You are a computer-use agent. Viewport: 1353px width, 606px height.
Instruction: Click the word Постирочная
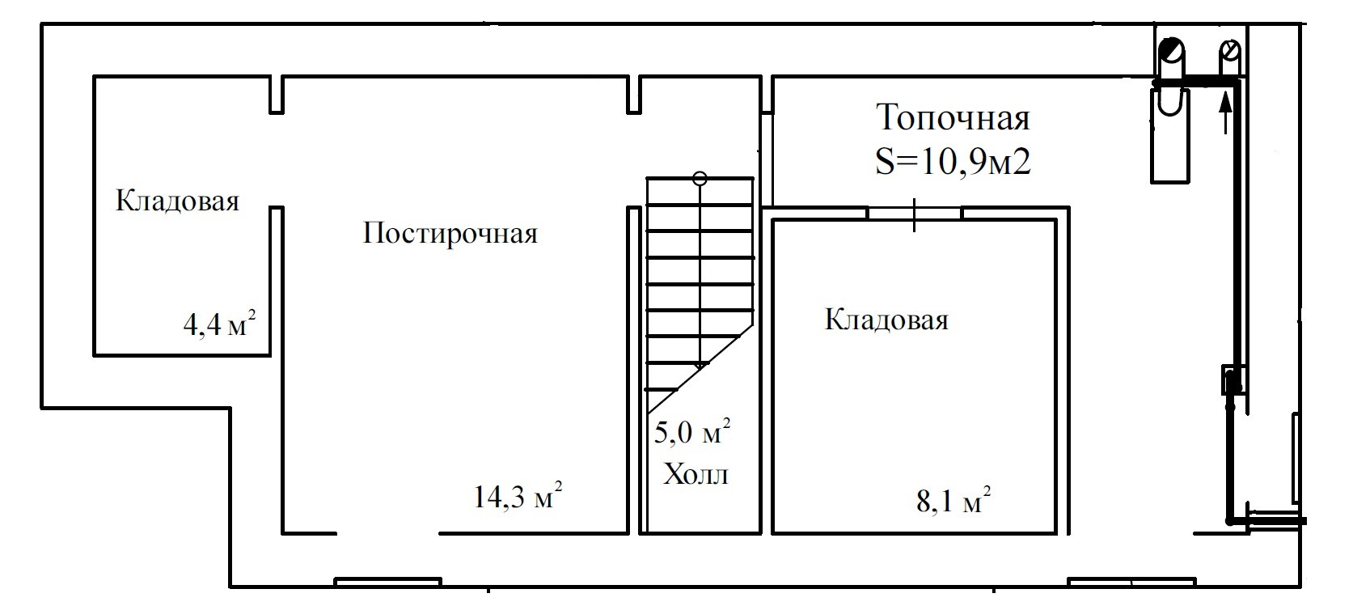tap(450, 234)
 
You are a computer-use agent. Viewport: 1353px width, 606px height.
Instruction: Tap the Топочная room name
tap(953, 118)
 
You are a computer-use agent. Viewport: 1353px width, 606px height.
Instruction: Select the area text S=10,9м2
tap(953, 163)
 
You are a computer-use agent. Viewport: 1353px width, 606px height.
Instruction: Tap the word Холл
tap(696, 474)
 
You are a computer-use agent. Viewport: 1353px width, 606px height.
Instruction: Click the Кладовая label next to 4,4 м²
tap(177, 201)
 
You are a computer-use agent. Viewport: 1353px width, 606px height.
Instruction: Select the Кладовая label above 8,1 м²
tap(886, 320)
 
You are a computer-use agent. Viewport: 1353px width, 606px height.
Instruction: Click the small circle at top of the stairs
tap(700, 179)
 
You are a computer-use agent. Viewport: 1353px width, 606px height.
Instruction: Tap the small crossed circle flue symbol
tap(1229, 52)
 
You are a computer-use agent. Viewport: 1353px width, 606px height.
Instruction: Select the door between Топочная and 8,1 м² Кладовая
tap(915, 214)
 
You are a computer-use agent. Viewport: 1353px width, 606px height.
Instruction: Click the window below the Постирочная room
tap(387, 581)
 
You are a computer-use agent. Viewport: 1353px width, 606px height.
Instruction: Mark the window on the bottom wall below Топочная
tap(1131, 581)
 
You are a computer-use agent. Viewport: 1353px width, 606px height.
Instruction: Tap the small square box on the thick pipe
tap(1232, 379)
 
